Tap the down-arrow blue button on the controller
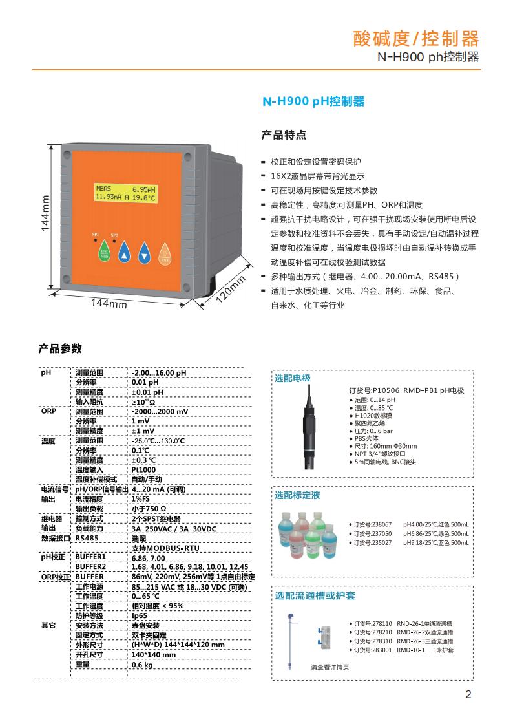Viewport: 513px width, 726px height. point(145,254)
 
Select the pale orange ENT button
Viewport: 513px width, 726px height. point(165,254)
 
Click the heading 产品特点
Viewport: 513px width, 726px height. point(283,135)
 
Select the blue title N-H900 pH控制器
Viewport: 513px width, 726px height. point(313,101)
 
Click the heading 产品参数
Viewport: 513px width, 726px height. point(60,348)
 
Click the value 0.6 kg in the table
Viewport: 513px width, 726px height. point(142,664)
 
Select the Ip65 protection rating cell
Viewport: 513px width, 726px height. point(139,615)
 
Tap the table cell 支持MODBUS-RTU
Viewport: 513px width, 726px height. point(165,548)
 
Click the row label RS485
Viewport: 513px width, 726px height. point(87,537)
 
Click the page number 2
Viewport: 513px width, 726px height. point(468,695)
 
